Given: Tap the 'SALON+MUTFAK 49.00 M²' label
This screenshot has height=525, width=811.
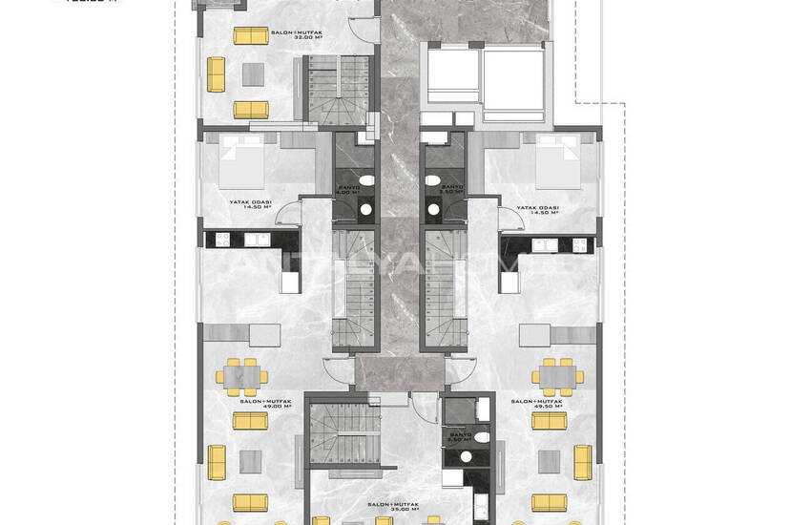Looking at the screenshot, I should pyautogui.click(x=264, y=405).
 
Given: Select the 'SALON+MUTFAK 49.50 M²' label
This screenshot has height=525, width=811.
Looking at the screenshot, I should pyautogui.click(x=536, y=405).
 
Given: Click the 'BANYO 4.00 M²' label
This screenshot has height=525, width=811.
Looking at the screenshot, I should pyautogui.click(x=350, y=190).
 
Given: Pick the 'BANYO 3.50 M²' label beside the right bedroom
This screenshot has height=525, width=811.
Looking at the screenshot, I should pyautogui.click(x=450, y=190).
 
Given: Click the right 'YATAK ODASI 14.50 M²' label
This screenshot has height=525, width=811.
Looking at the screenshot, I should pyautogui.click(x=537, y=210).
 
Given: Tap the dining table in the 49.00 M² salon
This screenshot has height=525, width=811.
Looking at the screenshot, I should pyautogui.click(x=243, y=376).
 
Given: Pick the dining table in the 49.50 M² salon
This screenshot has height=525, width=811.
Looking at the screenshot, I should pyautogui.click(x=558, y=376).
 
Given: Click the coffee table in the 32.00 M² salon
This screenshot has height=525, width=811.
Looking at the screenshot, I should pyautogui.click(x=253, y=73).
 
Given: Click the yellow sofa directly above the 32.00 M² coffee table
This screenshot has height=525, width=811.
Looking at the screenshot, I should pyautogui.click(x=251, y=36).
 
